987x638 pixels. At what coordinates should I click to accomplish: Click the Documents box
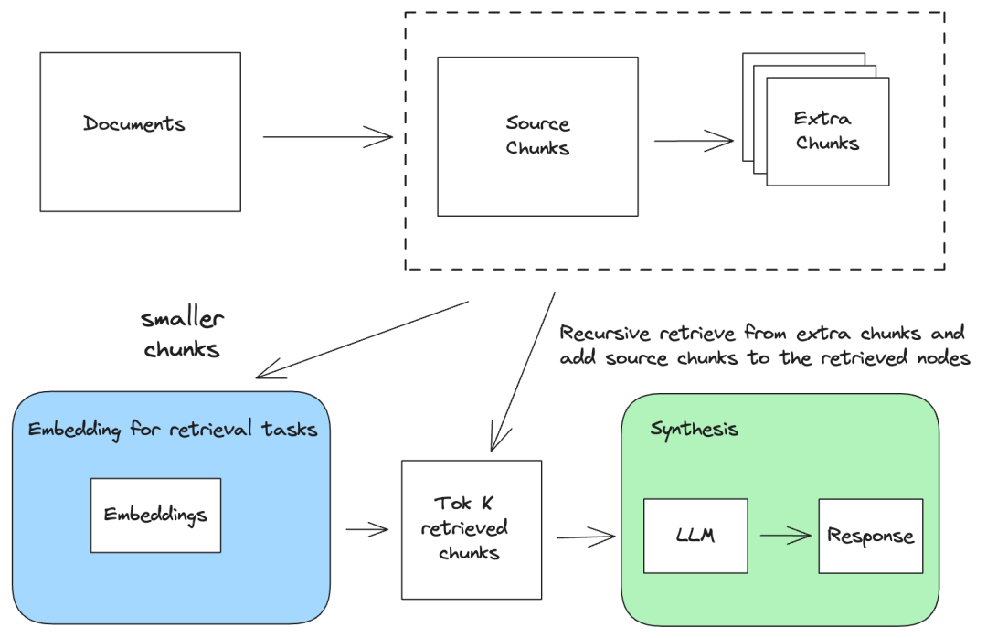(141, 132)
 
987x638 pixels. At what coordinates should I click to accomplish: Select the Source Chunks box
(537, 137)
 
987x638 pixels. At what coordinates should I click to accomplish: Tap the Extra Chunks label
(826, 131)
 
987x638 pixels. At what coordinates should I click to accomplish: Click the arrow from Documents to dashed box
(327, 137)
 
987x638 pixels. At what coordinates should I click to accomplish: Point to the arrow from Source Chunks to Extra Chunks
(694, 141)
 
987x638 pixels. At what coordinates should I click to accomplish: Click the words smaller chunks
(182, 334)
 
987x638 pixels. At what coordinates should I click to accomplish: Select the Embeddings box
(155, 516)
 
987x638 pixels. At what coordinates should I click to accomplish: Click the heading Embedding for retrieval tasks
(173, 430)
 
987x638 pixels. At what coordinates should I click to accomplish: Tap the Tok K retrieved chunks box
(472, 529)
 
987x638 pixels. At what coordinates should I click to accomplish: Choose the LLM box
(695, 536)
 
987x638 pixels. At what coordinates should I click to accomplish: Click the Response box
(871, 536)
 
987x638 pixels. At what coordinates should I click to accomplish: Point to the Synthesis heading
(694, 430)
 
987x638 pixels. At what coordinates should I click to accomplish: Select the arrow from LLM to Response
(786, 536)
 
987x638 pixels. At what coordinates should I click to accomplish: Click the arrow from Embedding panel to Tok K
(367, 529)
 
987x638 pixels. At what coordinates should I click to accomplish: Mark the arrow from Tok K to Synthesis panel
(586, 537)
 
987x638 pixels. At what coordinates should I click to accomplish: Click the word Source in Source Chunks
(537, 123)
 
